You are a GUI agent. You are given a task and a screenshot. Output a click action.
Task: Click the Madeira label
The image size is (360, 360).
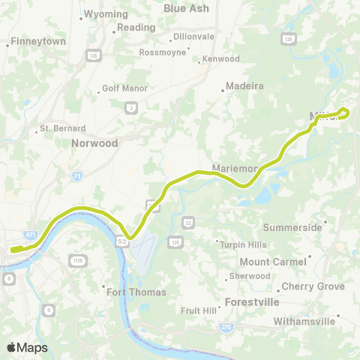coord(245,85)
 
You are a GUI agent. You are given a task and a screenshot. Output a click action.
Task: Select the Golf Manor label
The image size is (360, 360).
coord(123,92)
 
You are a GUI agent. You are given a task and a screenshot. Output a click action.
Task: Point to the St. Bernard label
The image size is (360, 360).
coord(62,128)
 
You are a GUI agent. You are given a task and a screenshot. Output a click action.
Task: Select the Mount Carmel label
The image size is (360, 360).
coord(273,262)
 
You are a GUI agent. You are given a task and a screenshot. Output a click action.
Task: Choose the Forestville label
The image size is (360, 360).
coord(252,302)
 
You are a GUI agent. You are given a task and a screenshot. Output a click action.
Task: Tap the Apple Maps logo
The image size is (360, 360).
coord(26,347)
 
